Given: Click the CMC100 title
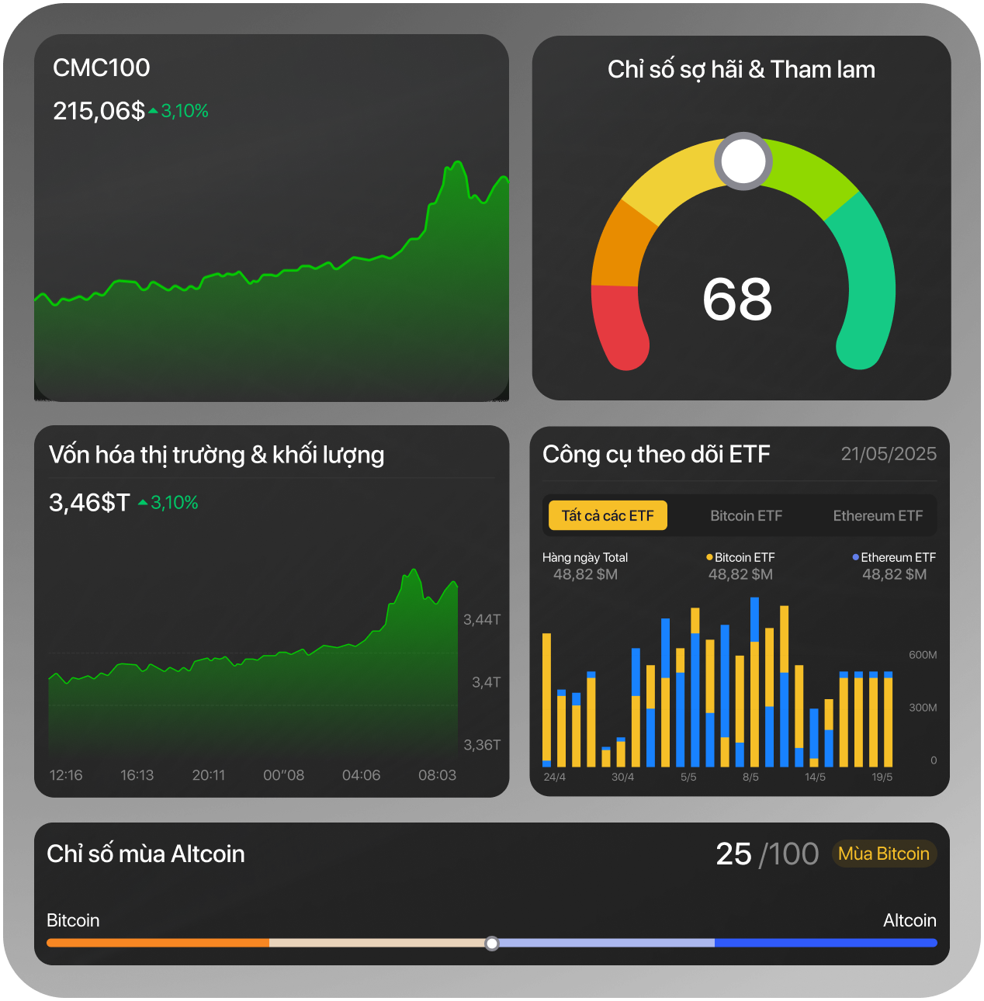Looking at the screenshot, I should coord(101,68).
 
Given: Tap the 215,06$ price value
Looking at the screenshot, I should coord(99,111).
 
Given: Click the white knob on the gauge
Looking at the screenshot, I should coord(743,161).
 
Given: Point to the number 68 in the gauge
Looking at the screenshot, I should coord(737,300).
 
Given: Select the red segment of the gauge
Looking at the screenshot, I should coord(618,326).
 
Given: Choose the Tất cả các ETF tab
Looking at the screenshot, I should coord(608,516).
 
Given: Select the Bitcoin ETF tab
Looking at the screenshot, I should coord(746,516).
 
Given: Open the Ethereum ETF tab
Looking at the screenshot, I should coord(878,516).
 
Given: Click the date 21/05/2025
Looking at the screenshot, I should coord(889,454).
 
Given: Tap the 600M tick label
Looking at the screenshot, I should coord(923,655).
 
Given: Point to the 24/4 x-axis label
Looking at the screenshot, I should coord(554,777).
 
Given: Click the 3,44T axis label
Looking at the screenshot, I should coord(482,619).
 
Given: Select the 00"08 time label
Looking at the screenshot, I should coord(283,775).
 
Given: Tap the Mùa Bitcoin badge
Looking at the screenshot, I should coord(883,854).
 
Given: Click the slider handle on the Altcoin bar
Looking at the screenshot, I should coord(492,943).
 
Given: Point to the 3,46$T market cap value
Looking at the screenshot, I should coord(89,503).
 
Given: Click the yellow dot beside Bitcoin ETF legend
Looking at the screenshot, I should coord(709,557).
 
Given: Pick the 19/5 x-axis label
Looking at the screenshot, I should coord(882,777).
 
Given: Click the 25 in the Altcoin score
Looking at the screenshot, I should coord(733,854).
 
